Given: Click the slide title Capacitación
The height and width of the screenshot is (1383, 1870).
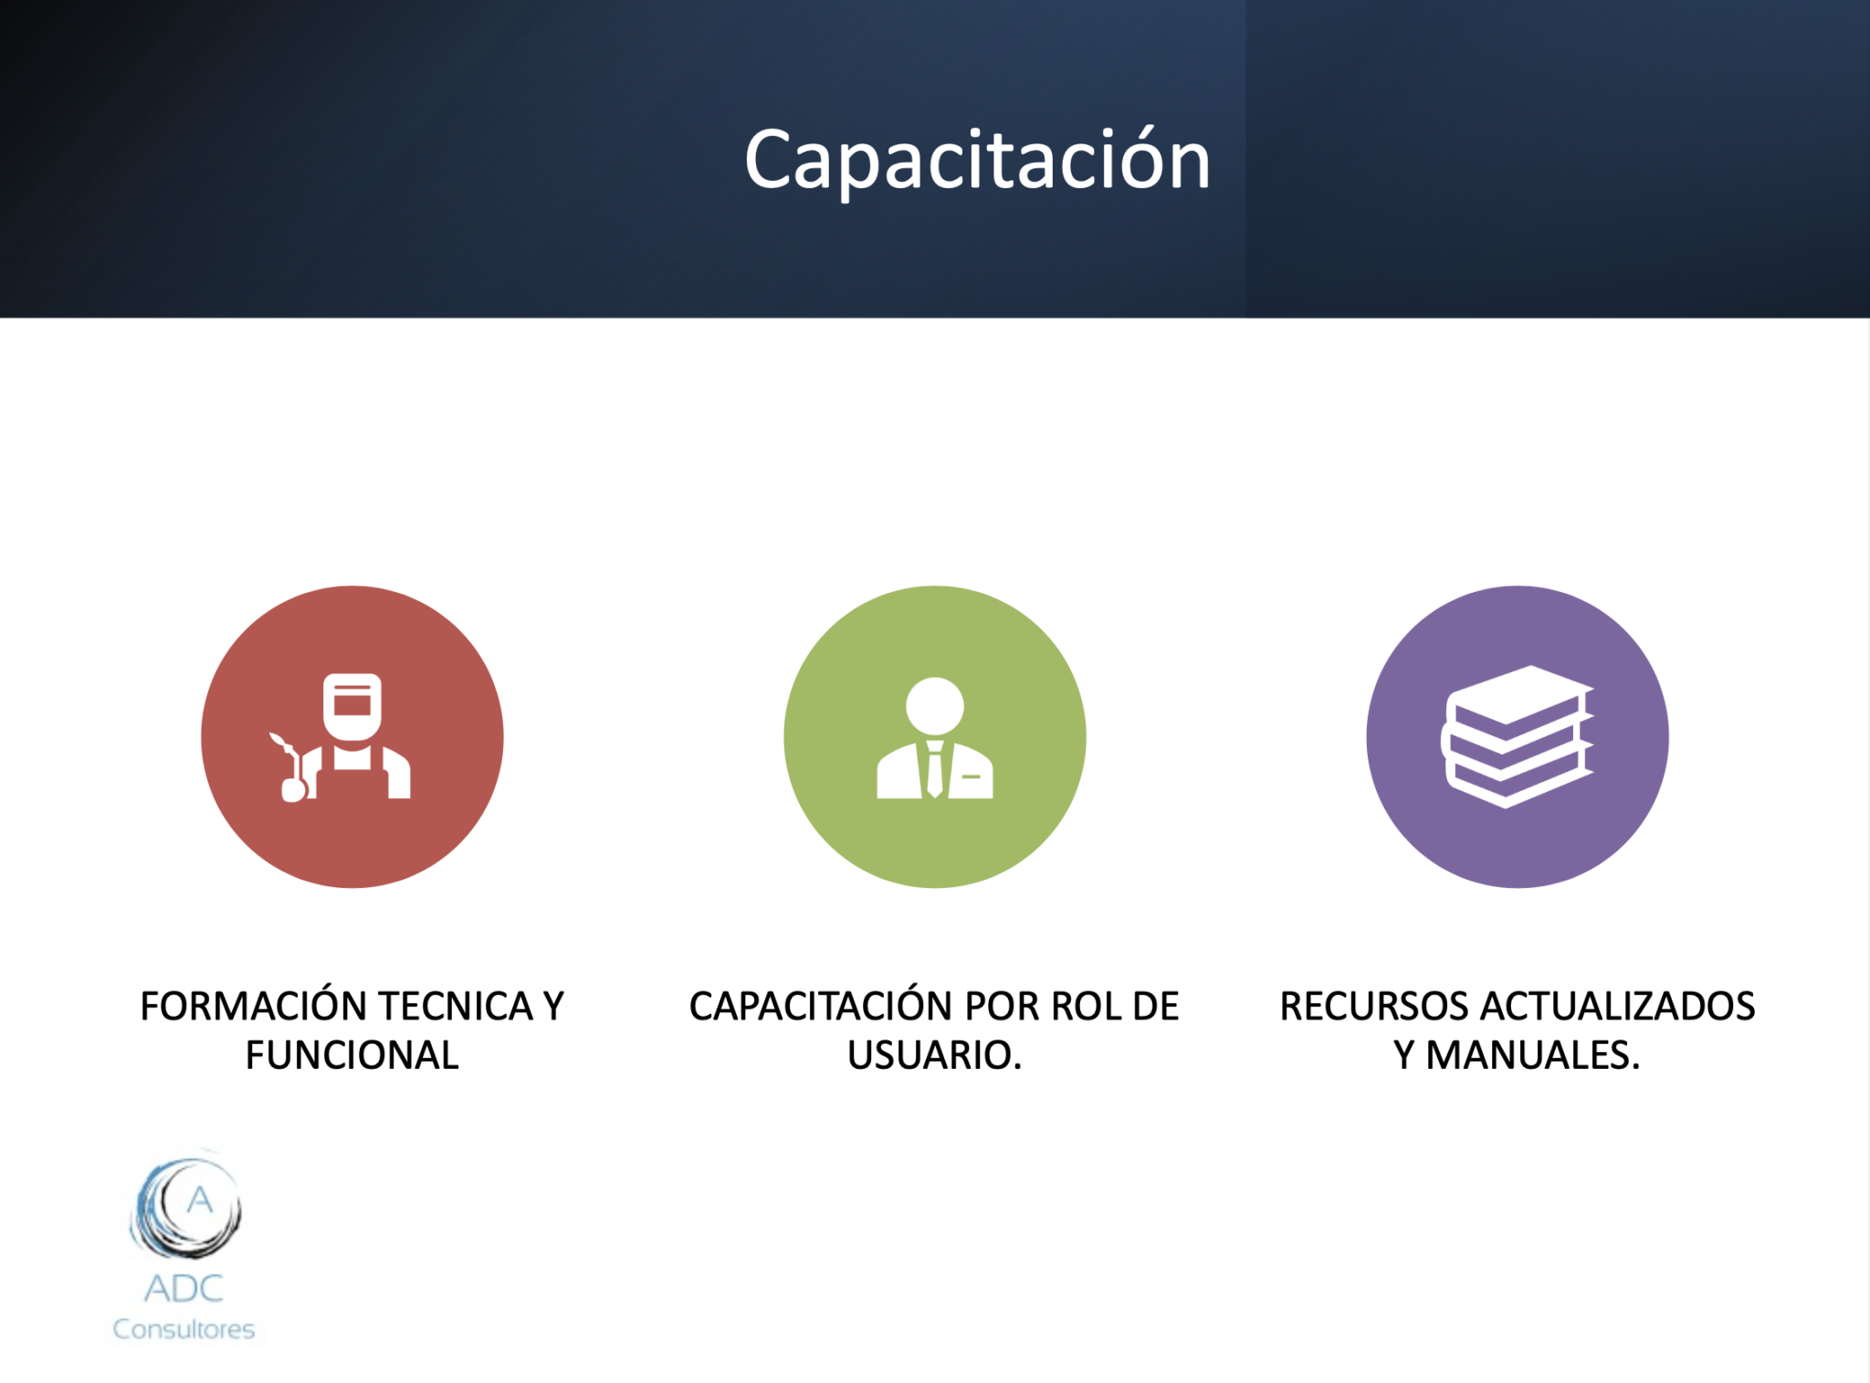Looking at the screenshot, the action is tap(977, 161).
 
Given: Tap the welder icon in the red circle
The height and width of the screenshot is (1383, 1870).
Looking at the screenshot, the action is tap(341, 737).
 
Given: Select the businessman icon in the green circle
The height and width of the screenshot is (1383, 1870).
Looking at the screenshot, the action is tap(934, 738).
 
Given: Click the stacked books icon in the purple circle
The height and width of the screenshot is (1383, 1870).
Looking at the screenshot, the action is tap(1517, 736).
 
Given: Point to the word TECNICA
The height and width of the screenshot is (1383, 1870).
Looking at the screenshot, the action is tap(456, 1006).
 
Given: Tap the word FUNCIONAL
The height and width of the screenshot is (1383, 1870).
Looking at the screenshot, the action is tap(352, 1055).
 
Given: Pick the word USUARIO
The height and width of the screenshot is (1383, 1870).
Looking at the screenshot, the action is tap(933, 1055).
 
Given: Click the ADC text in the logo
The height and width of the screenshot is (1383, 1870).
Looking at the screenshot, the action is tap(184, 1288).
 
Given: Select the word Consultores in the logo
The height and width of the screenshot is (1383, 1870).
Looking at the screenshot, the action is tap(184, 1329).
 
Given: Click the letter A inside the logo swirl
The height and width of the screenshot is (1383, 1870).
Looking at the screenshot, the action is tap(200, 1199).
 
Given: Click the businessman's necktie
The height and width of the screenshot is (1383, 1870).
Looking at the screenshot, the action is tap(934, 769).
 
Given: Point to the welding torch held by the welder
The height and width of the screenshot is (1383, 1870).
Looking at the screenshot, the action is tap(292, 766).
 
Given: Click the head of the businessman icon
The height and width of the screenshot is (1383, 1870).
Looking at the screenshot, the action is tap(934, 705).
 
